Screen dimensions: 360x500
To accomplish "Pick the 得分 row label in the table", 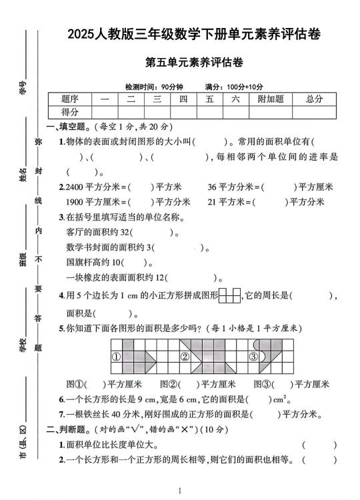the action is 69,112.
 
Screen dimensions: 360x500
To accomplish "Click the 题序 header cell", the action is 69,99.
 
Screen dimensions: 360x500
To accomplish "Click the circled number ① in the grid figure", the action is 116,357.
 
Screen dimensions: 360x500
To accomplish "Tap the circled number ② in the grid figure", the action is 185,357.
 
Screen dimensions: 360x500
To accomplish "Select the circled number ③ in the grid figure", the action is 253,357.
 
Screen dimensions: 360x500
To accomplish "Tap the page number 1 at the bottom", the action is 180,491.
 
